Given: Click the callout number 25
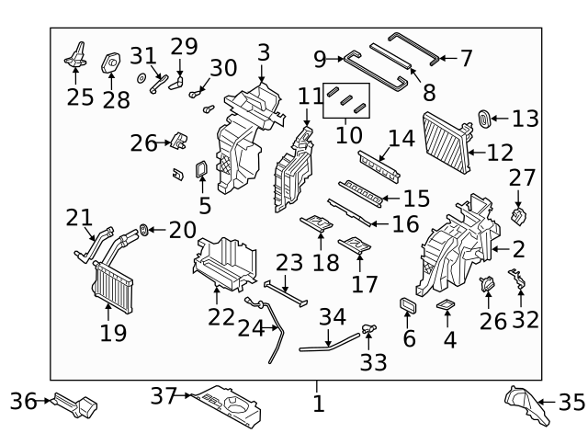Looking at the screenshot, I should pyautogui.click(x=81, y=96).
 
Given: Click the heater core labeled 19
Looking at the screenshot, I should pyautogui.click(x=111, y=285).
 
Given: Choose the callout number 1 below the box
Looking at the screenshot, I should pyautogui.click(x=318, y=403).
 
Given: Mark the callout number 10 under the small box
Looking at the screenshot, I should pyautogui.click(x=346, y=136).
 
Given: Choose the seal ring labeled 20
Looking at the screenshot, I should pyautogui.click(x=145, y=227).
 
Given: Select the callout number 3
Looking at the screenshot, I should pyautogui.click(x=264, y=52).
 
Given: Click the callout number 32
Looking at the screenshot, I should pyautogui.click(x=526, y=319).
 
